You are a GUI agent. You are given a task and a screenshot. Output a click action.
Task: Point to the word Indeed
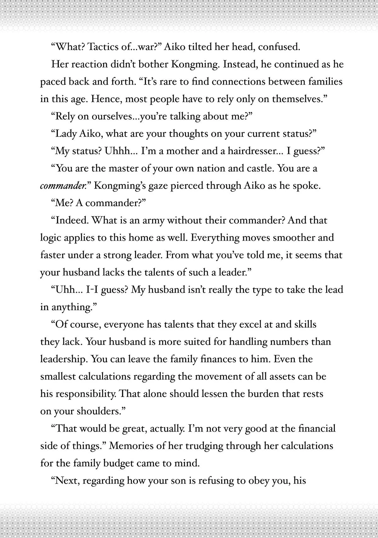pos(71,220)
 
